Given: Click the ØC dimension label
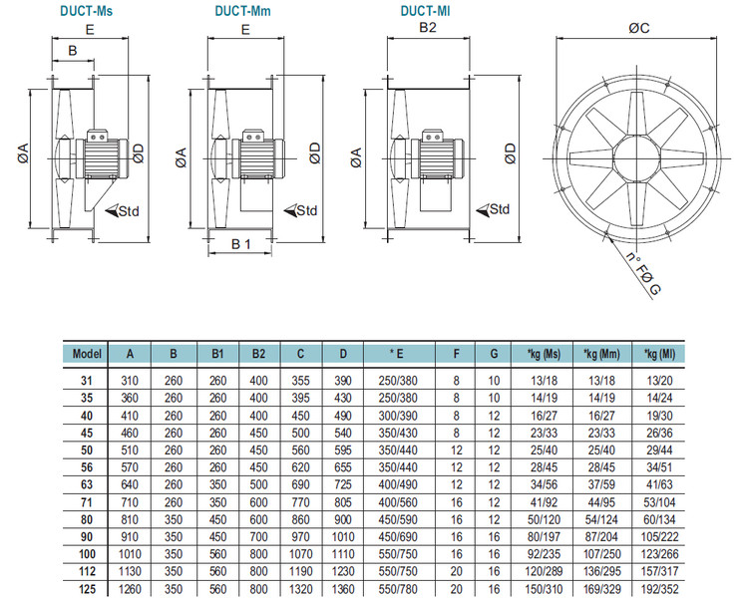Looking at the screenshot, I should tap(640, 28).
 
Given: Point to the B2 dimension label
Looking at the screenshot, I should tap(427, 29).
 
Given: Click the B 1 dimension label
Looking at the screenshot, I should tap(241, 244).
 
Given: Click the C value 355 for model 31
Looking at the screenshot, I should tap(300, 380).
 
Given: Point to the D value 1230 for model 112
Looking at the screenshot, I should tap(342, 572).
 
